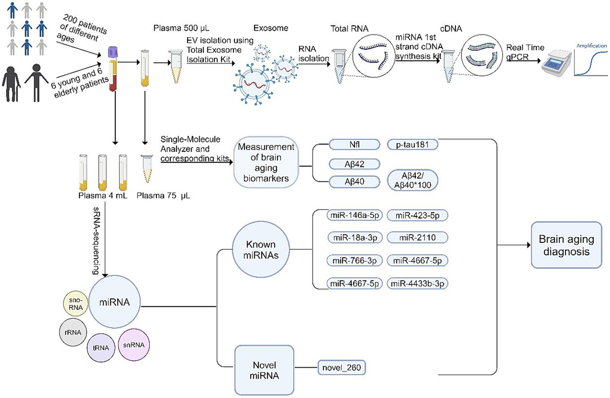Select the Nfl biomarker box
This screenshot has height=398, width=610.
pyautogui.click(x=354, y=145)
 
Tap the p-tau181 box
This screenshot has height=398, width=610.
pyautogui.click(x=413, y=145)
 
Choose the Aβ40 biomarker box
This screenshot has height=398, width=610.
pyautogui.click(x=354, y=181)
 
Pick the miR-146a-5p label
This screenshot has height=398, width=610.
pyautogui.click(x=354, y=216)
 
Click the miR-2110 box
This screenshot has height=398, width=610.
pyautogui.click(x=417, y=238)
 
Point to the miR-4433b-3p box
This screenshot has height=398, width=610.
pyautogui.click(x=417, y=283)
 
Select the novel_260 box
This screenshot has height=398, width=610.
pyautogui.click(x=342, y=366)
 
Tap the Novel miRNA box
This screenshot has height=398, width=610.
pyautogui.click(x=264, y=366)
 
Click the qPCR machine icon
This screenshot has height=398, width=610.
pyautogui.click(x=551, y=66)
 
